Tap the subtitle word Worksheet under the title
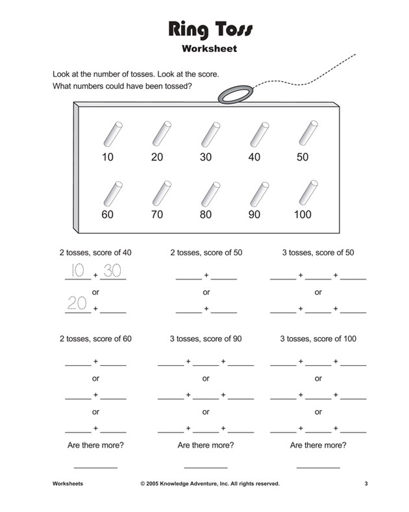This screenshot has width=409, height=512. click(205, 48)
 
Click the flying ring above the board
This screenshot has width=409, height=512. click(233, 96)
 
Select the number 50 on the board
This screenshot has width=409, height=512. click(302, 157)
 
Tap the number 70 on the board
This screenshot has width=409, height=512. click(156, 215)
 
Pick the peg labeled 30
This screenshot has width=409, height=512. click(208, 134)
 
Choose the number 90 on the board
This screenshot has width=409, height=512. click(254, 215)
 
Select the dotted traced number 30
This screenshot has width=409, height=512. click(113, 271)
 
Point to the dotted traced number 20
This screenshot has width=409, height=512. click(77, 303)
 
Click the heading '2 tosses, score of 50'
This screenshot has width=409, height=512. click(206, 253)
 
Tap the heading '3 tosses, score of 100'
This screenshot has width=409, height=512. click(318, 339)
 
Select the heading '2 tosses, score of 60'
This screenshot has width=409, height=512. click(95, 339)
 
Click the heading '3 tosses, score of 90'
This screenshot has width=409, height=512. click(206, 339)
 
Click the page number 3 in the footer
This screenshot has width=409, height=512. click(366, 483)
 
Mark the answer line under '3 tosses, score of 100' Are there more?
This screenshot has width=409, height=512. click(318, 467)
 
